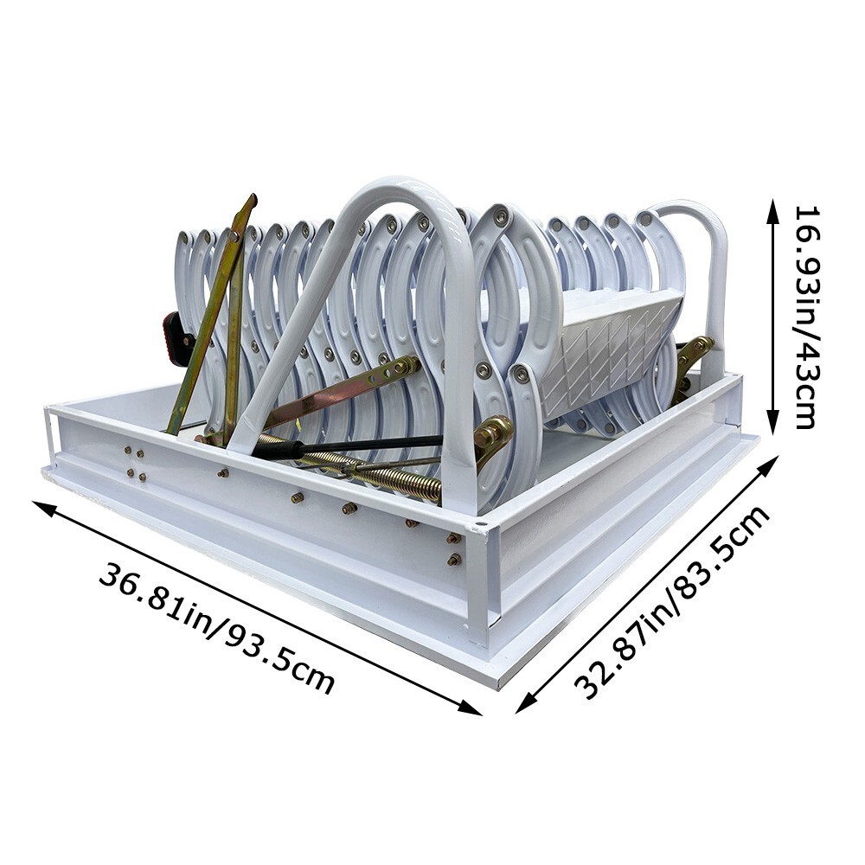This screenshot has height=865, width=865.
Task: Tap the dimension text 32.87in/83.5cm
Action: click(x=673, y=603)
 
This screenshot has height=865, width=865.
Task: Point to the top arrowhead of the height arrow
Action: click(x=773, y=206)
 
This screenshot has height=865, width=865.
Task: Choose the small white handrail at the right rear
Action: click(x=705, y=259)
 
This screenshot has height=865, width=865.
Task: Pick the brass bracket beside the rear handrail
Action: click(x=692, y=359)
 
